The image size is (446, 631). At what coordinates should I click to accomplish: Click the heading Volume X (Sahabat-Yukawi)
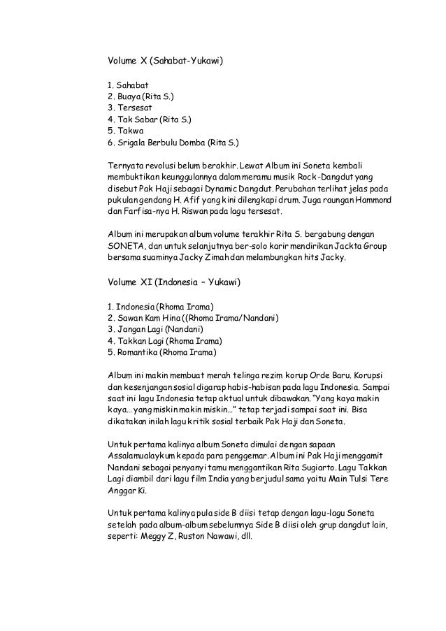pyautogui.click(x=165, y=61)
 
